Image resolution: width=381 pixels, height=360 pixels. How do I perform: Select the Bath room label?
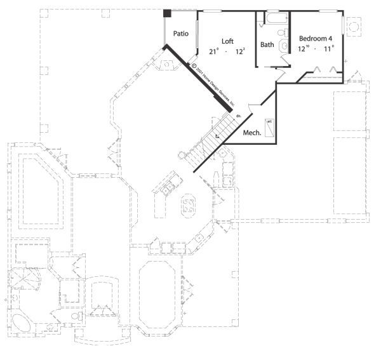click(x=267, y=44)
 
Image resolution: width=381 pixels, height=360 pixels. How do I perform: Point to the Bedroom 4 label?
click(x=316, y=39)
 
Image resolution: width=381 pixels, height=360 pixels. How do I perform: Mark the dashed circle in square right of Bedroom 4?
click(x=355, y=26)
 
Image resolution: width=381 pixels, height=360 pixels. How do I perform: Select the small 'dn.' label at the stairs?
click(x=237, y=116)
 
